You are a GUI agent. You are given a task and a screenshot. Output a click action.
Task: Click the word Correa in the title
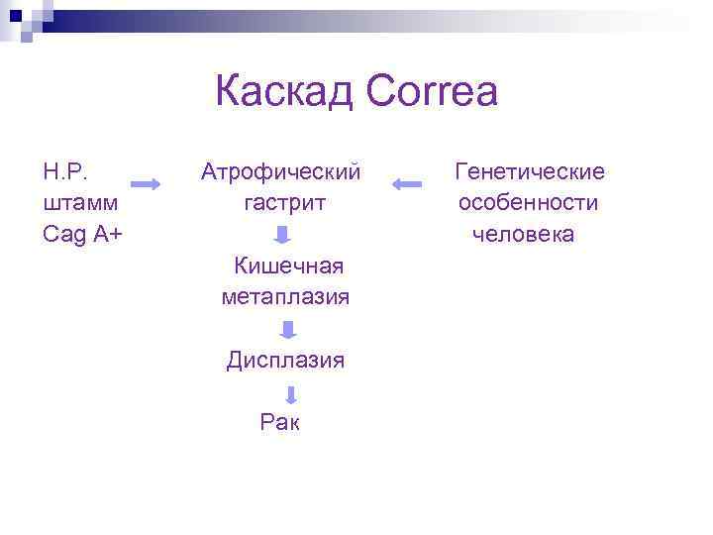click(x=431, y=93)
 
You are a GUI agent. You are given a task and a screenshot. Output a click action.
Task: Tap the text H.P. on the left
click(x=65, y=171)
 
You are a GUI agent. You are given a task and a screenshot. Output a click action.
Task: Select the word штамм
click(x=81, y=202)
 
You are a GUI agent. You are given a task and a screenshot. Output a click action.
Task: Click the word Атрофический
click(x=280, y=171)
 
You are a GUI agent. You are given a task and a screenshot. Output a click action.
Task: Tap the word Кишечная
click(x=288, y=266)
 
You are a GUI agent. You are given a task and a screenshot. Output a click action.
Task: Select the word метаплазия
click(x=286, y=296)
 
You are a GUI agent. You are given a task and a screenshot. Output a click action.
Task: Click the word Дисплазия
click(x=285, y=360)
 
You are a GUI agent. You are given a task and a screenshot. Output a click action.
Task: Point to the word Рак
click(x=279, y=423)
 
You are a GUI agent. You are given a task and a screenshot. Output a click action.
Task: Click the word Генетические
click(x=529, y=171)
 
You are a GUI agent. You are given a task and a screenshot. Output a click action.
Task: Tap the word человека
click(x=523, y=234)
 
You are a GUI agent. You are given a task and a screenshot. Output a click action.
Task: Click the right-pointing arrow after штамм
click(x=147, y=184)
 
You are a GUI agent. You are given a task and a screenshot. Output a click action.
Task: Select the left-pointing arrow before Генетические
click(x=407, y=184)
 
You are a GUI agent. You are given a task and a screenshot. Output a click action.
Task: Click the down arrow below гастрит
click(x=282, y=236)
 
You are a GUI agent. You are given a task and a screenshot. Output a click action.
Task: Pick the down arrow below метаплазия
click(x=286, y=330)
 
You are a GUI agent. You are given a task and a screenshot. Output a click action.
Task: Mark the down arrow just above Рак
click(x=290, y=395)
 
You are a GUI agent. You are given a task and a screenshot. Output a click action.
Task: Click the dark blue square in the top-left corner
click(x=15, y=15)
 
